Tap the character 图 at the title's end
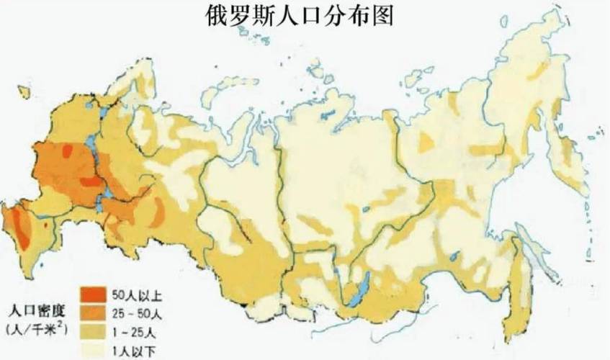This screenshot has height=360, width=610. point(382,16)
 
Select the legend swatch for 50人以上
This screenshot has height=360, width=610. point(90,294)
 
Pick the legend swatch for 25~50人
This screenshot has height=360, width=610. point(90,313)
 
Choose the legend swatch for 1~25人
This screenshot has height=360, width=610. point(90,332)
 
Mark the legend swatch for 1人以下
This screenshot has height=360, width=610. point(90,351)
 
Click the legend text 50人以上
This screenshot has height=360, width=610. point(133,294)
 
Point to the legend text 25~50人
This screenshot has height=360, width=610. point(134,313)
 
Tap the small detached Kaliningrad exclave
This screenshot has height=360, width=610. point(24,92)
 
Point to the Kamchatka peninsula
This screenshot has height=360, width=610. point(569,158)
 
